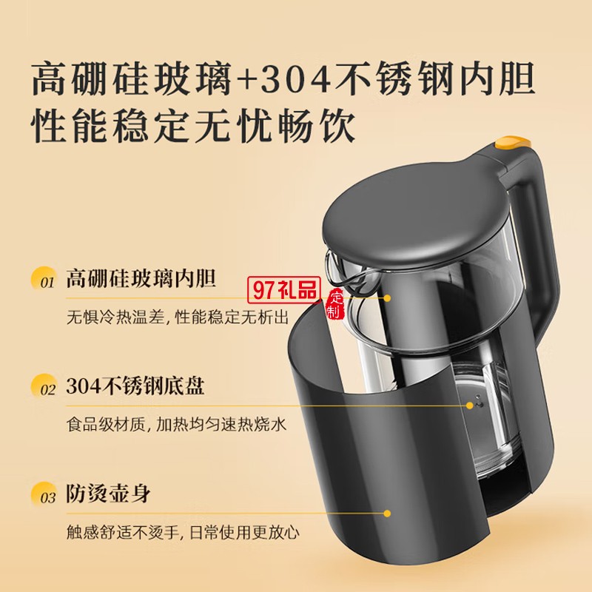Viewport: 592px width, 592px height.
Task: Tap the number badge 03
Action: click(x=45, y=494)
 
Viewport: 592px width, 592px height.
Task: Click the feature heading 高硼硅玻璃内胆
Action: click(x=141, y=279)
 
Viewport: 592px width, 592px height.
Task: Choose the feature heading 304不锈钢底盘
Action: click(x=135, y=386)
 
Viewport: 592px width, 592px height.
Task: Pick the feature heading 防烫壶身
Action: click(x=108, y=493)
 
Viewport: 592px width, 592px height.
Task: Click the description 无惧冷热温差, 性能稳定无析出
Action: click(x=178, y=317)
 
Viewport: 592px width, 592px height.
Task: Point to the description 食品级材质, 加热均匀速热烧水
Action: click(x=176, y=424)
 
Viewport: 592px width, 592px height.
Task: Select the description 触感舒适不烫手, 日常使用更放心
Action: click(x=183, y=532)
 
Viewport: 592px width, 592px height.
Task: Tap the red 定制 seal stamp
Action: click(x=335, y=304)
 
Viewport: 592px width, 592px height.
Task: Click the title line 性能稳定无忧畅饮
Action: click(x=193, y=125)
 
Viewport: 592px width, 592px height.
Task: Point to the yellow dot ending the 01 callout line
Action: click(x=387, y=298)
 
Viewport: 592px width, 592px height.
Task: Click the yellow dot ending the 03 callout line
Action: click(x=387, y=514)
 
